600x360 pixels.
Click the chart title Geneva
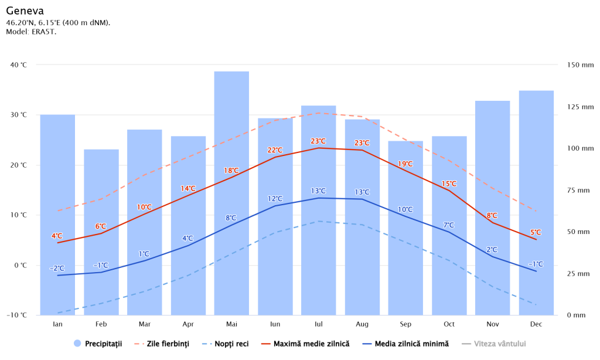click(25, 11)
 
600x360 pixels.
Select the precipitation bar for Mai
click(231, 193)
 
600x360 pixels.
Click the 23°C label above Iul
click(318, 141)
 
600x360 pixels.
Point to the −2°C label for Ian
click(57, 269)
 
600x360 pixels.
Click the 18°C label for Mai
click(231, 171)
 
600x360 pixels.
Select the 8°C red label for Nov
click(492, 216)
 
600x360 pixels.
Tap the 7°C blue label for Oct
click(449, 225)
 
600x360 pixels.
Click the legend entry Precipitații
click(98, 344)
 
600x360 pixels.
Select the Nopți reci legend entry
click(225, 344)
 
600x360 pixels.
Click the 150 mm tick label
click(580, 65)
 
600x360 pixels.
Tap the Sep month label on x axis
click(405, 324)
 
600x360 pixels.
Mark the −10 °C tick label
click(16, 315)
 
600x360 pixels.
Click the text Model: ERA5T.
click(31, 31)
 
